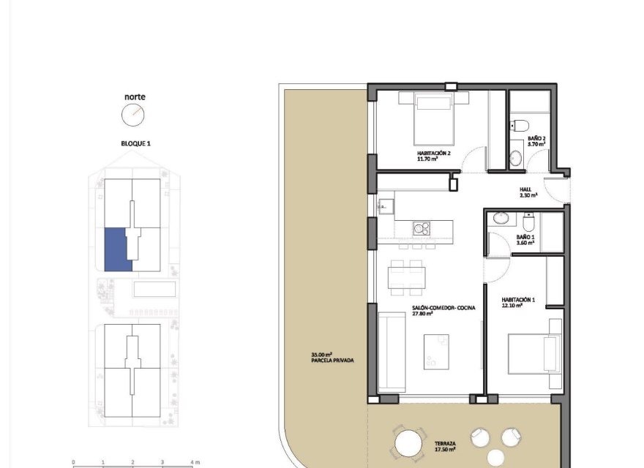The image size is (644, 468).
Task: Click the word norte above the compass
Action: (x=133, y=97)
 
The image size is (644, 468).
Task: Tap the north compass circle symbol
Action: (x=133, y=113)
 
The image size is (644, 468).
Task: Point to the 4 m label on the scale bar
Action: (x=194, y=462)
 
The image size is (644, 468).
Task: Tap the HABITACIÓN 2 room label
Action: (x=432, y=153)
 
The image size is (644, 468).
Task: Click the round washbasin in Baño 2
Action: (x=517, y=156)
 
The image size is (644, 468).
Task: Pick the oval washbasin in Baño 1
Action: (x=501, y=219)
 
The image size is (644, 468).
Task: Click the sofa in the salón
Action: (x=393, y=352)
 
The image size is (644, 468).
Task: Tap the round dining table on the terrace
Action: (x=408, y=444)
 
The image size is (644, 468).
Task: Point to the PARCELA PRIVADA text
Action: (x=327, y=361)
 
